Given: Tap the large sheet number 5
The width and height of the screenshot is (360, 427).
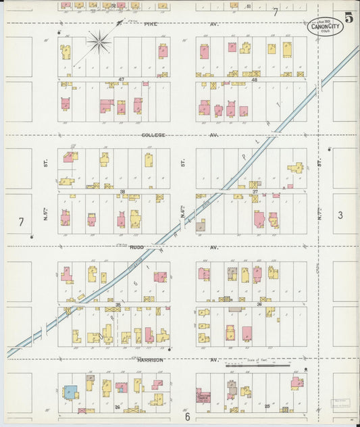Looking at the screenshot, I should coord(349,18).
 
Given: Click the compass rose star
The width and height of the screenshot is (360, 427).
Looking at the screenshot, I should coord(99,43).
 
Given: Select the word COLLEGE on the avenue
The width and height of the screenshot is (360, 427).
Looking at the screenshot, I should coord(153,135).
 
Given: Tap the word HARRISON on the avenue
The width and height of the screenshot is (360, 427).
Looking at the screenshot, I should coord(150,360).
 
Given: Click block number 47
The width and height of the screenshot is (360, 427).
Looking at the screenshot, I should coord(122,80).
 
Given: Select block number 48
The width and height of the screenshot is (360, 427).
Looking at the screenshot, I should coord(255,80).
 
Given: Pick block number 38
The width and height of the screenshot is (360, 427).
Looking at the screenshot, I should coord(122,192).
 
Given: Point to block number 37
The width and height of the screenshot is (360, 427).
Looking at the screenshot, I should coord(255,192).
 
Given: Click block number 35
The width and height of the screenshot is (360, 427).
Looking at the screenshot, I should coord(118,305).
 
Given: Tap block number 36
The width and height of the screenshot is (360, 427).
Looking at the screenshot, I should coord(259,305).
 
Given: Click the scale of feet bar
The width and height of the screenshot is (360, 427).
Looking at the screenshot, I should coord(257,365).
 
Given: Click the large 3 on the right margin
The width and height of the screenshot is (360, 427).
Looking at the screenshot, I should coord(341,216).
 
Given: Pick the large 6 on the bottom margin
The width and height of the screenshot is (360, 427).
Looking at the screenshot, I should coord(187,417).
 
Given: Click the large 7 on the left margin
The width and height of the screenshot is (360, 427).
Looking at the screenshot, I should coord(21,222).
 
